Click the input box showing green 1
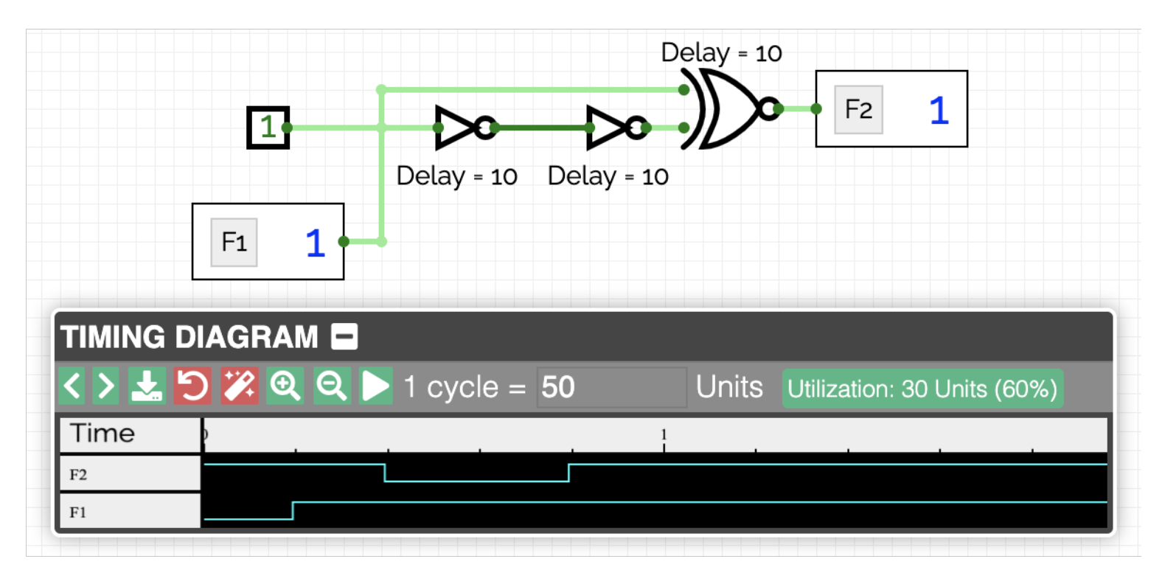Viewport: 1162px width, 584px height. pyautogui.click(x=268, y=128)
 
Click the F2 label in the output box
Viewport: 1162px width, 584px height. pyautogui.click(x=858, y=110)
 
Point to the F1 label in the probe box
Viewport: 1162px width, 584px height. pyautogui.click(x=234, y=242)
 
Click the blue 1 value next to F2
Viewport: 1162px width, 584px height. pyautogui.click(x=938, y=111)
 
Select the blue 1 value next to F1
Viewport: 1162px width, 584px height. pyautogui.click(x=315, y=243)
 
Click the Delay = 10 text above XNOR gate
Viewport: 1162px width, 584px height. pyautogui.click(x=720, y=53)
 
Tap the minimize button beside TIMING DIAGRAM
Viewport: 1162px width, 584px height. pyautogui.click(x=344, y=337)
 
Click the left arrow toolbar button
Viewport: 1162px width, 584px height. pyautogui.click(x=72, y=386)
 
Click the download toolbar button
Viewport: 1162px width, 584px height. pyautogui.click(x=146, y=386)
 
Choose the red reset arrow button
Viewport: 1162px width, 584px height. pyautogui.click(x=192, y=386)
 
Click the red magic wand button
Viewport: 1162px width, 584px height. pyautogui.click(x=239, y=386)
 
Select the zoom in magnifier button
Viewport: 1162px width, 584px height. pyautogui.click(x=285, y=386)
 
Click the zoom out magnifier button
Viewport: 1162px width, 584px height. pyautogui.click(x=331, y=386)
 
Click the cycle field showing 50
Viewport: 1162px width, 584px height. pyautogui.click(x=611, y=387)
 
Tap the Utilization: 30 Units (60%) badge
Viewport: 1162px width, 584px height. pyautogui.click(x=922, y=389)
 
